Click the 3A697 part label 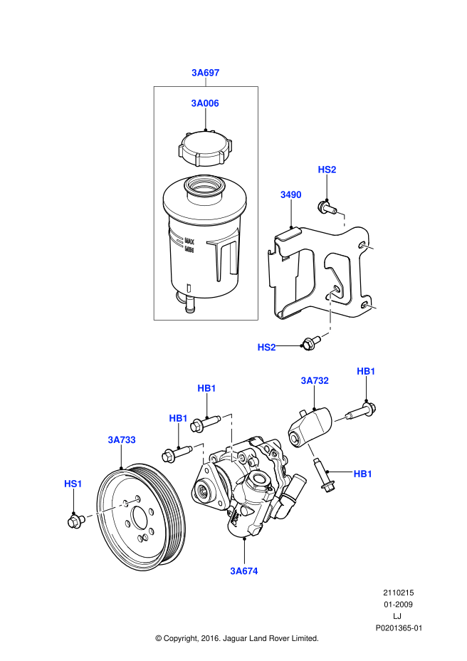[205, 72]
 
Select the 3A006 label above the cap [205, 103]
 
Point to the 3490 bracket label [290, 194]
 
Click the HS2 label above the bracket [327, 170]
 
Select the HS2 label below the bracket [266, 347]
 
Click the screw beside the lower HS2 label [309, 343]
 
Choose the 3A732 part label [314, 381]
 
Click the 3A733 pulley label [122, 440]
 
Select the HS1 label [73, 484]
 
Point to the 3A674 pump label [243, 571]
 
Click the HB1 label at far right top [366, 371]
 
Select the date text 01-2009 [399, 604]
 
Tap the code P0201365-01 [399, 628]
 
